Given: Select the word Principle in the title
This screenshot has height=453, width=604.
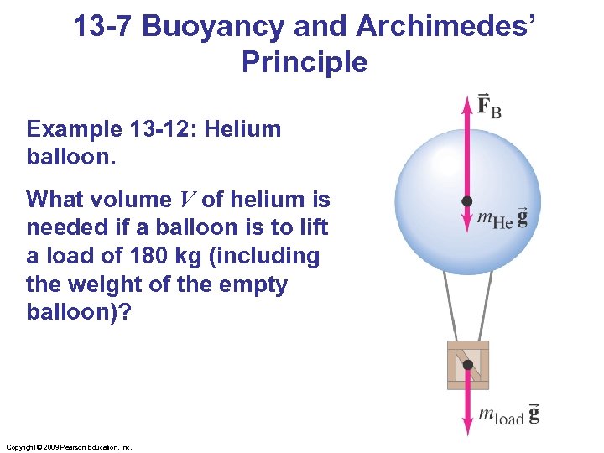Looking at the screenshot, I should pos(304,62).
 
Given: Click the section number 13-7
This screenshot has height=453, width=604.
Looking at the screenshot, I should pos(103,27).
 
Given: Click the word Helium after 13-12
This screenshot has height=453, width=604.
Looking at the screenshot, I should pos(244,129).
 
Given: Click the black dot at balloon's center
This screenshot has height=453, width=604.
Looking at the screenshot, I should pos(467,201).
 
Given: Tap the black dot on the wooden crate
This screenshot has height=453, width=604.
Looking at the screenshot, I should pos(467,365).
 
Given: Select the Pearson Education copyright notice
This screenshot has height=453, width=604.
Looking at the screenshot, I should pos(68,447).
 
